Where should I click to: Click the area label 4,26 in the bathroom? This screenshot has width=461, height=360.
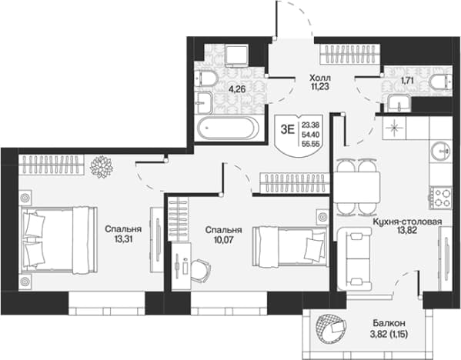[x=237, y=89]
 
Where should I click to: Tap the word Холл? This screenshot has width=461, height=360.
[x=320, y=78]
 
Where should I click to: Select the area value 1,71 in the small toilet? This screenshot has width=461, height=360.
[x=407, y=80]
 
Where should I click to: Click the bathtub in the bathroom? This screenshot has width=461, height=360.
[x=228, y=128]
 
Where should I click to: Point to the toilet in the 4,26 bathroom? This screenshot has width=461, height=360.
[x=207, y=78]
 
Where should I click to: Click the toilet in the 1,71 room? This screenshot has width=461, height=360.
[x=440, y=81]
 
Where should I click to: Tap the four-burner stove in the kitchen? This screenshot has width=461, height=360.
[x=440, y=198]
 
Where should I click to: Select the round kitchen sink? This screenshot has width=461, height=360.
[x=441, y=151]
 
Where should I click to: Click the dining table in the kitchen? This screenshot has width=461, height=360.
[x=356, y=187]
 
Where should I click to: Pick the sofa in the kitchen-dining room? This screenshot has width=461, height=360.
[x=355, y=258]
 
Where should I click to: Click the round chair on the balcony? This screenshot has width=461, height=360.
[x=330, y=327]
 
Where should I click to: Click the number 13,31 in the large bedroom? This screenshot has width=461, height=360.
[x=123, y=239]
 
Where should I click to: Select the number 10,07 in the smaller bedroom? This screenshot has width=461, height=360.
[x=224, y=240]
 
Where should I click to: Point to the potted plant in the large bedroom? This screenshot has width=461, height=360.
[x=102, y=167]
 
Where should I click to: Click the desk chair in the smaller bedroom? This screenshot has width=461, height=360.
[x=201, y=270]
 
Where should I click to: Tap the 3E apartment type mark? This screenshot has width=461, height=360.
[x=287, y=129]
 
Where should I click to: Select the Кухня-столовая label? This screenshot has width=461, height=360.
[x=407, y=222]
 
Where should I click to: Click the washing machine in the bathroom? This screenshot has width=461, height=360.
[x=237, y=55]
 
